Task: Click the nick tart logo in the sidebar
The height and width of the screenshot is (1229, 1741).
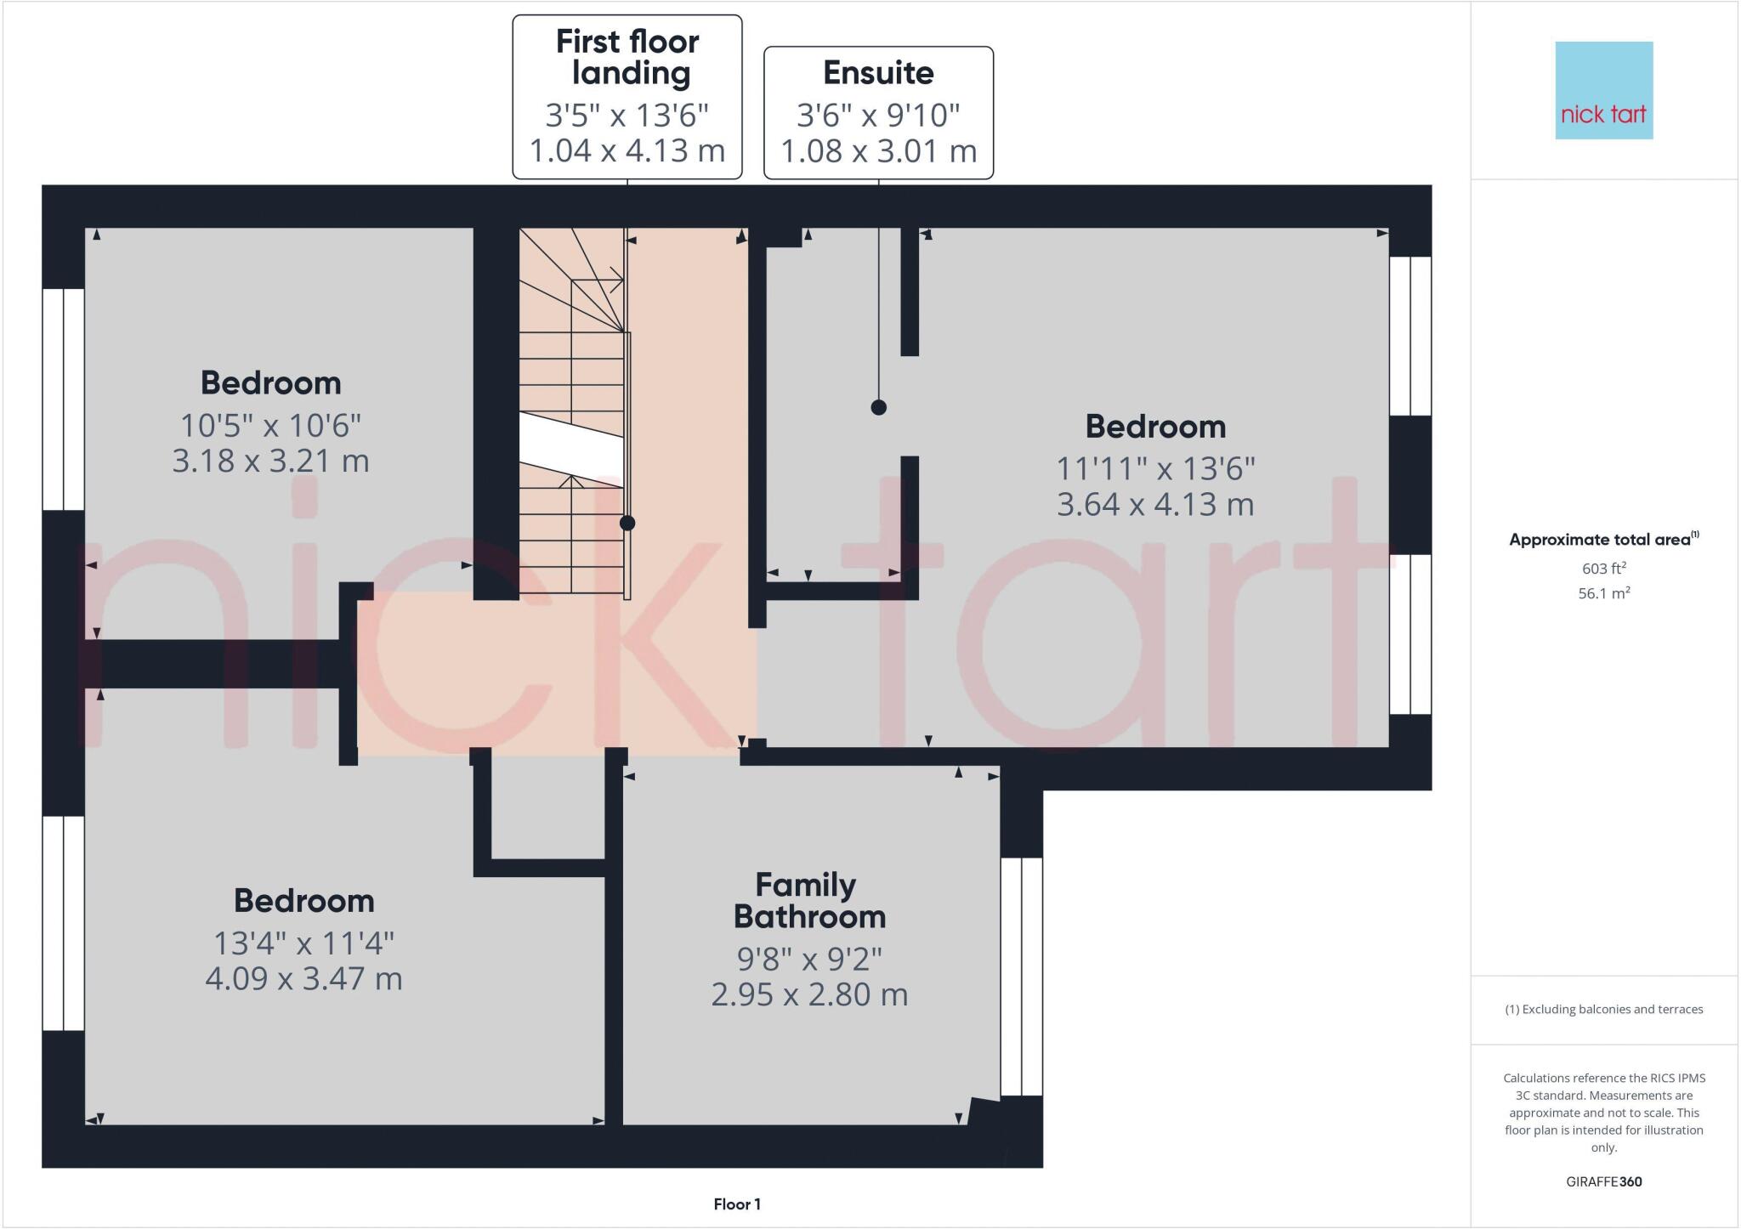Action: point(1603,91)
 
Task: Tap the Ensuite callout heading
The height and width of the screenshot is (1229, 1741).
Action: point(878,73)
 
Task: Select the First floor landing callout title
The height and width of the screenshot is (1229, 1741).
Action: point(627,57)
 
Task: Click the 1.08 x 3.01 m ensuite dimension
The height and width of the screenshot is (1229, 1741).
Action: point(878,151)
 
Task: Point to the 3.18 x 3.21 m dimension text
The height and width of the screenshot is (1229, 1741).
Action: point(270,462)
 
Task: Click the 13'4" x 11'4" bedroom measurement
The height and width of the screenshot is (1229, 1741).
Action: point(303,943)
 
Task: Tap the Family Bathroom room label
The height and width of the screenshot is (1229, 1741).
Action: point(808,901)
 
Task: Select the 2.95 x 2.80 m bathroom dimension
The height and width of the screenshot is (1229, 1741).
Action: point(808,994)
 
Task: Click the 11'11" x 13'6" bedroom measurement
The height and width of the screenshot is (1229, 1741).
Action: point(1155,468)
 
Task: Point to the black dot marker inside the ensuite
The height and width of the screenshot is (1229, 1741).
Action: point(878,407)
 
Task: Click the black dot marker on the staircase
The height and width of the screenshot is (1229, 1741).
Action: point(627,523)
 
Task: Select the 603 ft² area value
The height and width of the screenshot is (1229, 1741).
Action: point(1603,569)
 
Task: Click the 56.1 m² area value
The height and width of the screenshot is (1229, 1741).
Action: point(1603,593)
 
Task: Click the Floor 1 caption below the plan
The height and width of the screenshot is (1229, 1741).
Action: point(737,1204)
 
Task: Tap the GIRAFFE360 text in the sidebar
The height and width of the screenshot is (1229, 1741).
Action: point(1603,1181)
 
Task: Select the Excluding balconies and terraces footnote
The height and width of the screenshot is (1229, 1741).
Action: point(1603,1010)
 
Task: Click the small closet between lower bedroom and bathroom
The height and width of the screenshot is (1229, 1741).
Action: point(547,807)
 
